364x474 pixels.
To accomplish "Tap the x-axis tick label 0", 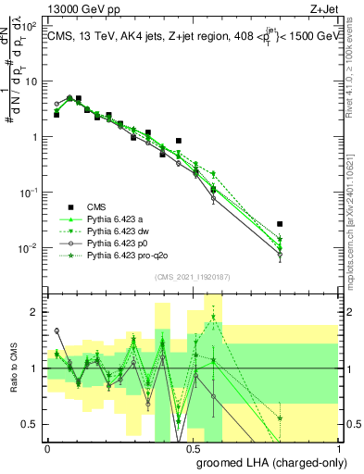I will (x=47, y=448).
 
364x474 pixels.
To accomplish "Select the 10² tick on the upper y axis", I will (x=28, y=25).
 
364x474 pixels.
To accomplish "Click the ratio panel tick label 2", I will (x=35, y=312).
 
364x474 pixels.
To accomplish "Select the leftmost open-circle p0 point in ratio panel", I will (x=56, y=331).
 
